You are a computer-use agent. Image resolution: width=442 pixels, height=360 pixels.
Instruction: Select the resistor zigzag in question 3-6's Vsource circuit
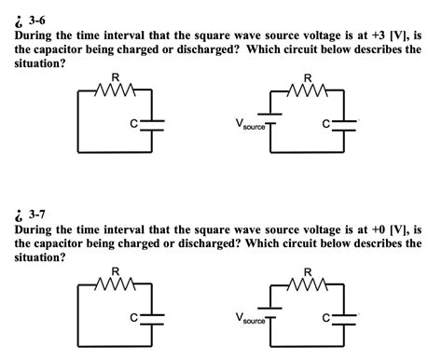tap(308, 90)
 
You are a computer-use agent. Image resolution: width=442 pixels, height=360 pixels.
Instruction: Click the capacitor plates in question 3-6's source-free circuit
tap(152, 124)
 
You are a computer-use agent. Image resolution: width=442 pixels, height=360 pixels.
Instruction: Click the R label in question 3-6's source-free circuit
tap(115, 77)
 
